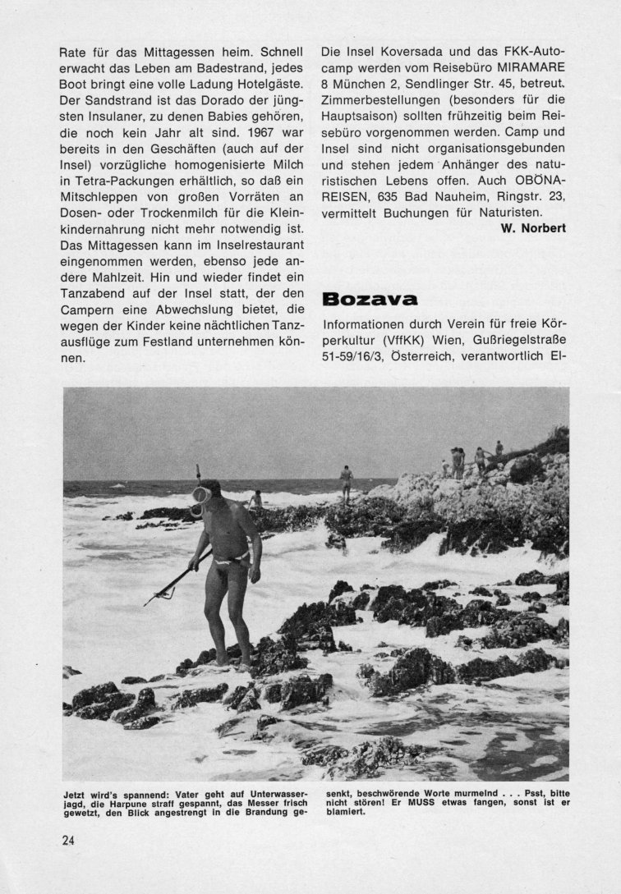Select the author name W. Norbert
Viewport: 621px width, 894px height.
(532, 227)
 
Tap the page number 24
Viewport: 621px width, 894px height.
(67, 840)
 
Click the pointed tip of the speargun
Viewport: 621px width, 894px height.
(146, 603)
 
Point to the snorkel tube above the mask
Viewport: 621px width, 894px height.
(198, 474)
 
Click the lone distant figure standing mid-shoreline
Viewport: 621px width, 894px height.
(347, 480)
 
